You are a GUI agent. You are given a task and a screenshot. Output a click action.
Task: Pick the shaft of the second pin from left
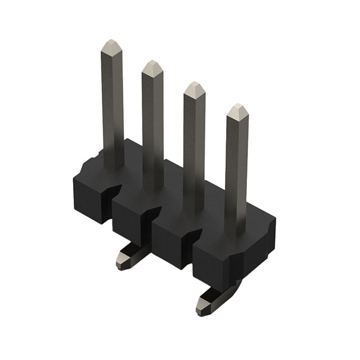(x=152, y=129)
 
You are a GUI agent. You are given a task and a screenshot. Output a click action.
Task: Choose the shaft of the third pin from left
(x=195, y=152)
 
